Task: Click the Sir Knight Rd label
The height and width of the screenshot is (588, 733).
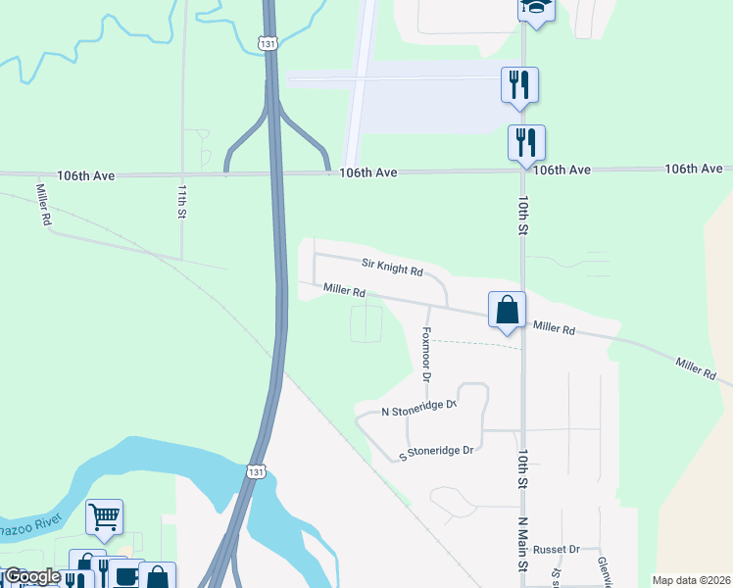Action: click(x=392, y=267)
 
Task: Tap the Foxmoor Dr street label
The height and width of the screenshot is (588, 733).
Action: click(x=426, y=353)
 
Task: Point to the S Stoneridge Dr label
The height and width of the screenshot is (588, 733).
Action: click(x=436, y=452)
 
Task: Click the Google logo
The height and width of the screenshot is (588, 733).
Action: click(x=32, y=576)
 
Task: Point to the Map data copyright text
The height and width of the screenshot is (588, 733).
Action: click(x=691, y=580)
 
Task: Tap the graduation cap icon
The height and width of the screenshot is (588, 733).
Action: click(x=536, y=6)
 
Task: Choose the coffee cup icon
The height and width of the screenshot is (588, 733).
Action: click(x=125, y=575)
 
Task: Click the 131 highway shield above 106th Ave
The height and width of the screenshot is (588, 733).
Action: click(x=268, y=43)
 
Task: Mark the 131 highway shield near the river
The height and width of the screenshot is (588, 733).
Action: click(x=255, y=471)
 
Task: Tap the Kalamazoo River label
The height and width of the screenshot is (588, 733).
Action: click(x=29, y=526)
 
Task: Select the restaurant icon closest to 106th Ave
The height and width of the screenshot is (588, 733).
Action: click(x=526, y=142)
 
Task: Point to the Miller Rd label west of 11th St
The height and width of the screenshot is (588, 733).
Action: click(x=43, y=205)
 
